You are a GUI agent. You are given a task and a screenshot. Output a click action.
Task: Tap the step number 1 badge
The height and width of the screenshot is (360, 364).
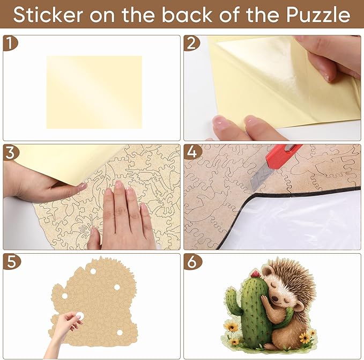click(x=9, y=43)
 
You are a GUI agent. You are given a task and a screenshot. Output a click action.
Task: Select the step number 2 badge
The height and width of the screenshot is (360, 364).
click(x=190, y=43)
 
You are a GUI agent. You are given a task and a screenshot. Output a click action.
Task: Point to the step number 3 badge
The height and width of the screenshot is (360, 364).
click(x=9, y=152)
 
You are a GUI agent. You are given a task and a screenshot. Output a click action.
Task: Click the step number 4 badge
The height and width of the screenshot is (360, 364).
click(x=191, y=152)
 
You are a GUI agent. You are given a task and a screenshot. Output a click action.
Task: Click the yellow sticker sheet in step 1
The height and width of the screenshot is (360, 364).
click(x=94, y=92)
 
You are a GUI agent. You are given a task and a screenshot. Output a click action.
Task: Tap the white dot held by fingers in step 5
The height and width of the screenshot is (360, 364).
click(x=79, y=316)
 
